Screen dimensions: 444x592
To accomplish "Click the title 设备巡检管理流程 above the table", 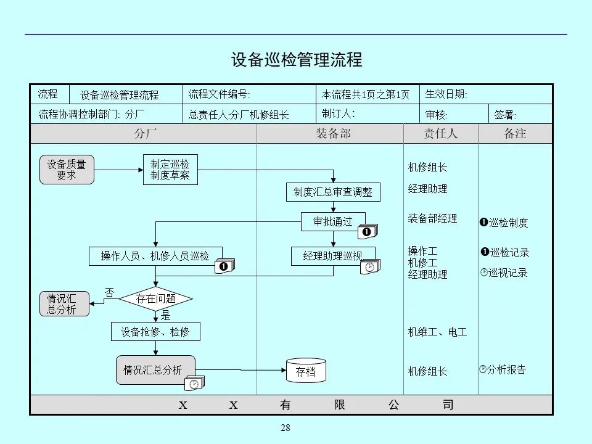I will (297, 60).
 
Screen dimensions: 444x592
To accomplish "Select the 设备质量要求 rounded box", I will (67, 170).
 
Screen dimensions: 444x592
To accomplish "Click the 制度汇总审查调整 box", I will (333, 192).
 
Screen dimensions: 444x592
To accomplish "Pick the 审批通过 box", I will (333, 221).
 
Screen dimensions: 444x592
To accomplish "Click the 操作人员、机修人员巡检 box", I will (155, 256).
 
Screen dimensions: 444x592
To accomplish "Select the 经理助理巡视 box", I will (333, 256).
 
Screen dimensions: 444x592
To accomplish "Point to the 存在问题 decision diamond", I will (155, 299).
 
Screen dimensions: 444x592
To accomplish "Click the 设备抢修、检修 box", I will (155, 332).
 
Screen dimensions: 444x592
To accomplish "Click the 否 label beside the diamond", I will (109, 292).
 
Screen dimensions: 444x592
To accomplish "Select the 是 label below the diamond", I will (165, 315).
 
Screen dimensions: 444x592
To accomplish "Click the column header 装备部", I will (333, 133).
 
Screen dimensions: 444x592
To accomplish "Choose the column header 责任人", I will (440, 133).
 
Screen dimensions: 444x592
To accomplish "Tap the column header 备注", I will (515, 133).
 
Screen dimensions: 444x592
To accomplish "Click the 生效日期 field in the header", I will (446, 94).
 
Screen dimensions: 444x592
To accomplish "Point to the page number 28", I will (285, 428).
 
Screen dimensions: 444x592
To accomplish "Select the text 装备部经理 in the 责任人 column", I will (432, 218).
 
